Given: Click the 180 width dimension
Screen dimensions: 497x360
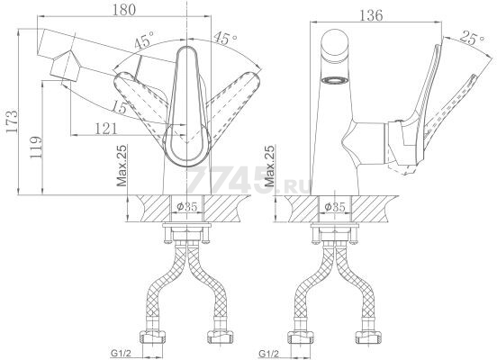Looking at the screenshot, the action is (x=124, y=10).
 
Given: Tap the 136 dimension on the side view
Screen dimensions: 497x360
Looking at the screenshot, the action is (x=371, y=15).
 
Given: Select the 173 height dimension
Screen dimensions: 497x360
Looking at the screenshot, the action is (x=13, y=121).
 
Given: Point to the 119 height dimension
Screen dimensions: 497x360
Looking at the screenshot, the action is (x=35, y=148).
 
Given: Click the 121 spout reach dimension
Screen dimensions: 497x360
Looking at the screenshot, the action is (x=106, y=129).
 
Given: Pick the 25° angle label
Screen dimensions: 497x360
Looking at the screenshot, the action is (x=473, y=37).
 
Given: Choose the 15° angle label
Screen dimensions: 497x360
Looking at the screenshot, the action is (x=120, y=107).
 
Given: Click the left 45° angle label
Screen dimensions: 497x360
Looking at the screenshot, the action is (x=143, y=40).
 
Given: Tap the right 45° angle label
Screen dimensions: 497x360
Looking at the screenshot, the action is (x=225, y=38).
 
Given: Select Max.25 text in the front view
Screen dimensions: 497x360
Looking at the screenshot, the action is (x=122, y=166).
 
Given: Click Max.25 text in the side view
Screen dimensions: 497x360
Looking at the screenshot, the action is (x=270, y=166).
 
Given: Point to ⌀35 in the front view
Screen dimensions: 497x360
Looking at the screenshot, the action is (x=187, y=207).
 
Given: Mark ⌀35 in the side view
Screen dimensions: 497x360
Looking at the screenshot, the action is (x=335, y=207).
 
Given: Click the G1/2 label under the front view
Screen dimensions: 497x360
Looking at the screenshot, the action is (x=121, y=353).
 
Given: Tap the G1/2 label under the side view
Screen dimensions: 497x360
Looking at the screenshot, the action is (x=269, y=353).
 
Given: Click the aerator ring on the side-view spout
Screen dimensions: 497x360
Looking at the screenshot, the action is (x=335, y=81).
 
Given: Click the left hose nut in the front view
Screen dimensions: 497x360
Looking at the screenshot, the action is (x=152, y=337).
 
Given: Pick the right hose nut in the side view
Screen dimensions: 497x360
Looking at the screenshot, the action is (x=367, y=337).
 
